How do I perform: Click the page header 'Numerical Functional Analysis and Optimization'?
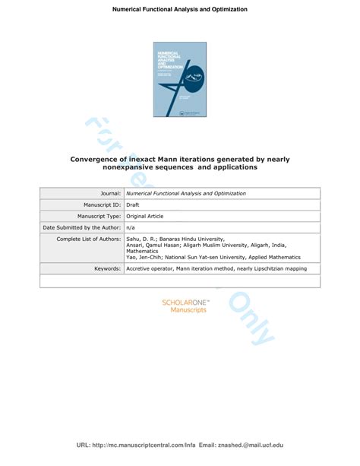click(x=180, y=9)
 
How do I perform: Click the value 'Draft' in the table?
click(x=135, y=204)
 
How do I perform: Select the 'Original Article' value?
click(x=149, y=216)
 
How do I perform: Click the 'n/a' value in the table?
click(x=132, y=227)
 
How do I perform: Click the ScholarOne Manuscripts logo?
click(x=185, y=306)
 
